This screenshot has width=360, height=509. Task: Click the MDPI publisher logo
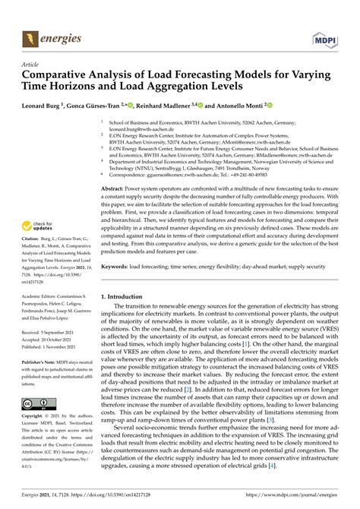[323, 36]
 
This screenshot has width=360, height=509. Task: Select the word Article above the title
[31, 65]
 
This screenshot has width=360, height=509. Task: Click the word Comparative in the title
[60, 76]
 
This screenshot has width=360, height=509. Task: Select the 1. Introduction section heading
[127, 296]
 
